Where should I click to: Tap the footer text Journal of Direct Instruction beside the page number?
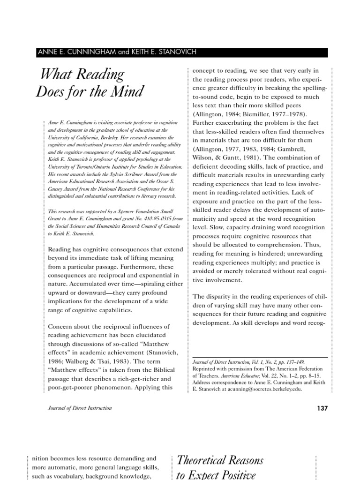pos(80,408)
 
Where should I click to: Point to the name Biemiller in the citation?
pos(254,114)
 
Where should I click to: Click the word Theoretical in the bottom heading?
pos(205,460)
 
